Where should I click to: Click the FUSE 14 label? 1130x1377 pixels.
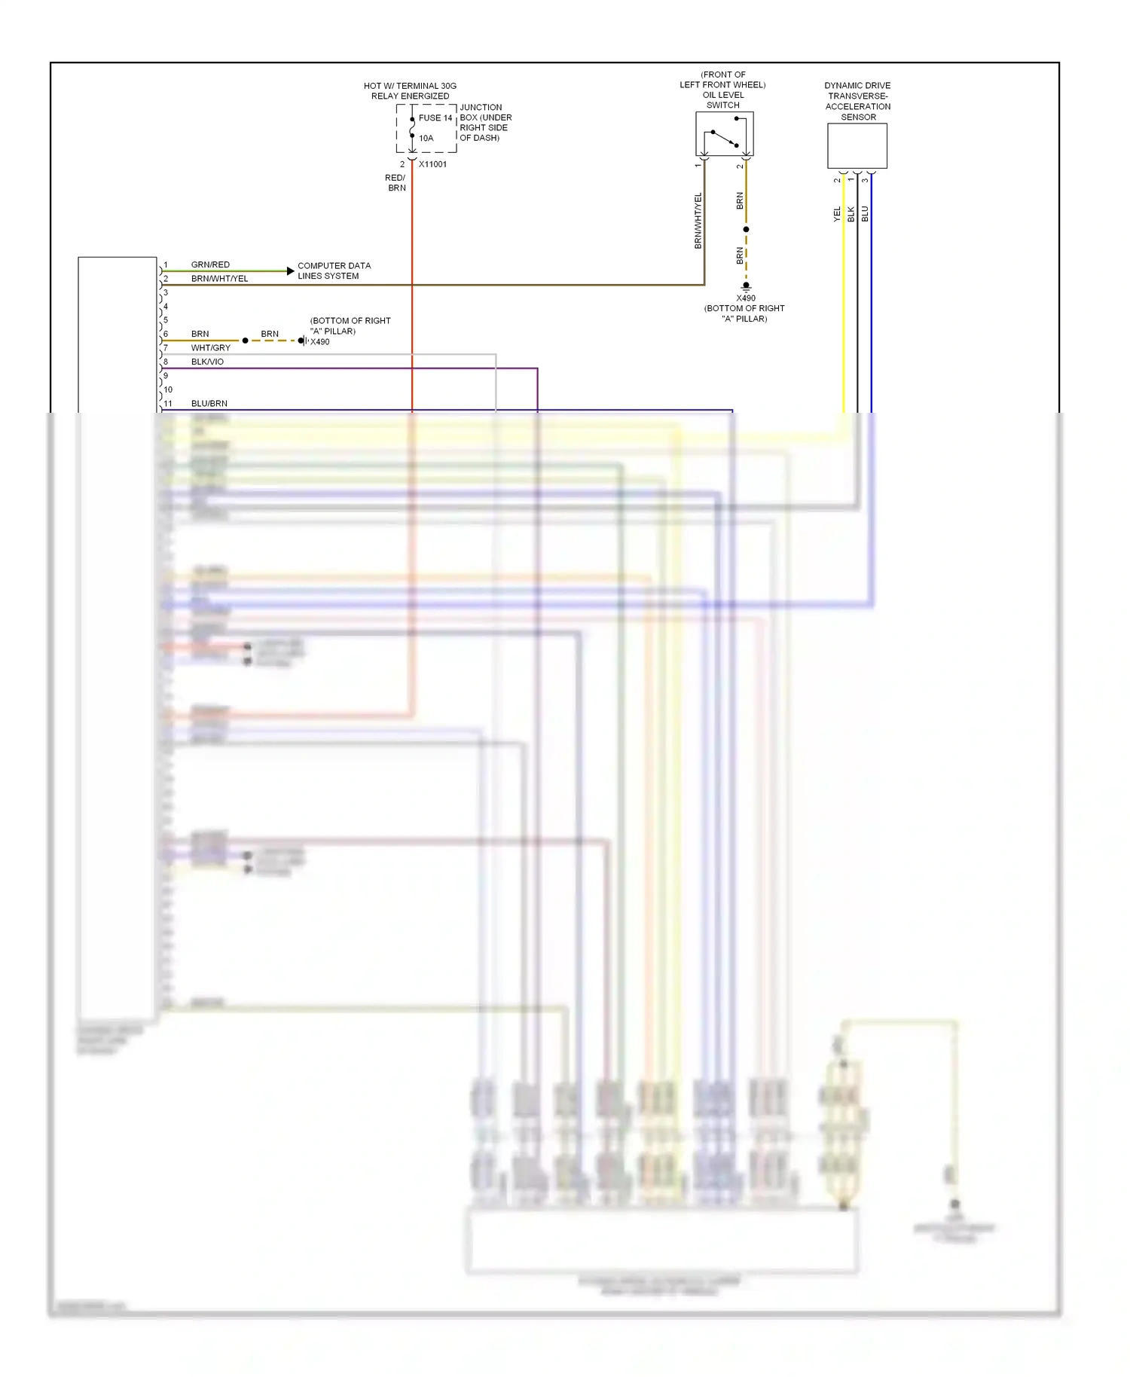point(435,118)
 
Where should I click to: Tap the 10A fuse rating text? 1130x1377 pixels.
point(426,139)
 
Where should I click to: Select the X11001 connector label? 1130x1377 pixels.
point(432,164)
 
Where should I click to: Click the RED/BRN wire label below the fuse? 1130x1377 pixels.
point(396,183)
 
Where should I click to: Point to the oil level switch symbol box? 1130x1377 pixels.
point(724,135)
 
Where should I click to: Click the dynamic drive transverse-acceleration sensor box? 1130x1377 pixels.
point(857,146)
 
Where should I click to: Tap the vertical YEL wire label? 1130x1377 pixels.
point(837,214)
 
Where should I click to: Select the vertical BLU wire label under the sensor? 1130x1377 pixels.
point(865,214)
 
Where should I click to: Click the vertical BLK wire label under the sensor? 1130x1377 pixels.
point(851,214)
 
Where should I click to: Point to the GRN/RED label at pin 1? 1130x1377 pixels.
point(210,264)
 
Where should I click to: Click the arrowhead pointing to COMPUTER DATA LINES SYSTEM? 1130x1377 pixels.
point(291,270)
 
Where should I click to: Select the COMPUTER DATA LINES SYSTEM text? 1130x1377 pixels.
point(334,270)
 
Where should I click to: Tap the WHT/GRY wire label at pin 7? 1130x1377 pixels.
point(211,348)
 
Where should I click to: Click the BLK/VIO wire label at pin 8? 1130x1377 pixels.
point(207,362)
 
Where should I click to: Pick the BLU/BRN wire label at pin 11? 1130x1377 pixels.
point(209,404)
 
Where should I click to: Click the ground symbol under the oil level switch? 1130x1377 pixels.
point(746,286)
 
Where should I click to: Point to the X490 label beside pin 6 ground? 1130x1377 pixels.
point(320,342)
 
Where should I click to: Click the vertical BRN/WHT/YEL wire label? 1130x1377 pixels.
point(698,221)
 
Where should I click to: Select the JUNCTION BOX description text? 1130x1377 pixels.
point(485,123)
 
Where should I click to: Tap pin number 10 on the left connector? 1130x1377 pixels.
point(168,389)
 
